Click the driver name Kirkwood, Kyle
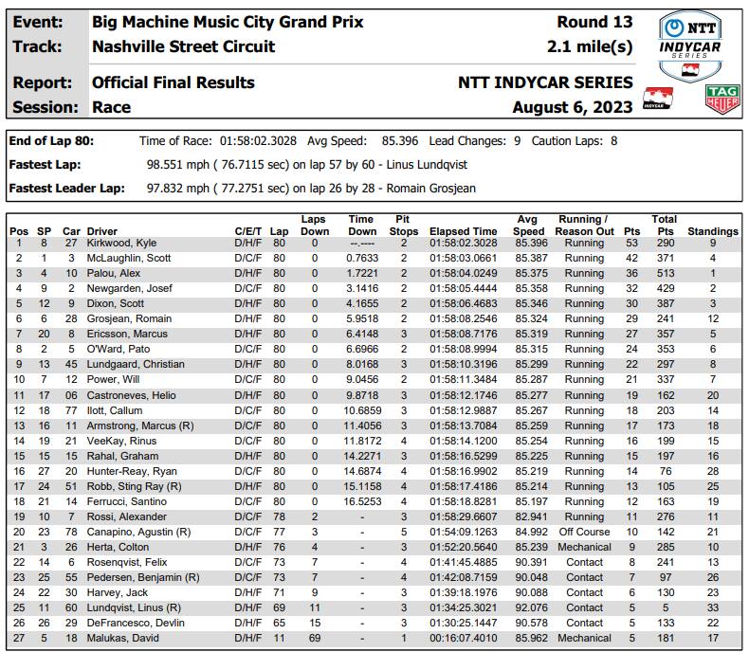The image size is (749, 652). pos(121,244)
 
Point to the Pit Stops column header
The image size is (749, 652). pos(404,225)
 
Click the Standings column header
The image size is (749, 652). pos(712,231)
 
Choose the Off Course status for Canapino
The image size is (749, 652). pos(584,532)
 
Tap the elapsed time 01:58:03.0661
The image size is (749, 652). pos(464,259)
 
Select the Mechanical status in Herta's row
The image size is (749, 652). pos(584,547)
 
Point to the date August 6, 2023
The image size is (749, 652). pos(573,107)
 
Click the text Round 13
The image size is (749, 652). pos(594,22)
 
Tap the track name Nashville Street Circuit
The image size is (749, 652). pos(184,46)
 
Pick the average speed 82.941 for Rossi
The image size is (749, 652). pos(528,516)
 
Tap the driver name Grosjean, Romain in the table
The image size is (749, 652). pos(129,319)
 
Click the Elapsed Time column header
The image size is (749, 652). pos(463,231)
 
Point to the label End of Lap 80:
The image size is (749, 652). pos(51,140)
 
